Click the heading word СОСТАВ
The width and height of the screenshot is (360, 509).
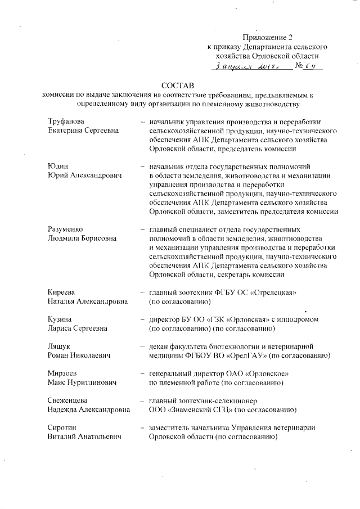tap(177, 85)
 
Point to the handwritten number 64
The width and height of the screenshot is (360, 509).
tap(310, 66)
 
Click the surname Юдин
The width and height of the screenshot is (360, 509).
tap(57, 166)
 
